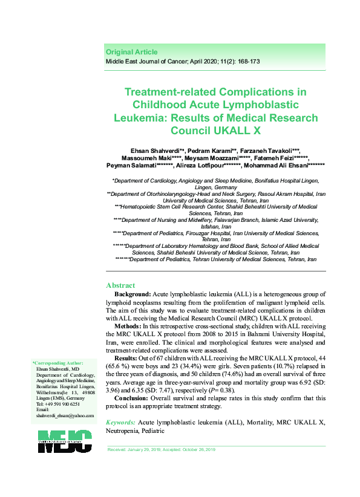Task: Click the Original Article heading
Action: tap(131, 52)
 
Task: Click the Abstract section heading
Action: tap(121, 285)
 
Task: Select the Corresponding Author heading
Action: tap(58, 363)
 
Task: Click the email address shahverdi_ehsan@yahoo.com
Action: tap(65, 399)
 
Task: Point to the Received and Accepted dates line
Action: tap(161, 450)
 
